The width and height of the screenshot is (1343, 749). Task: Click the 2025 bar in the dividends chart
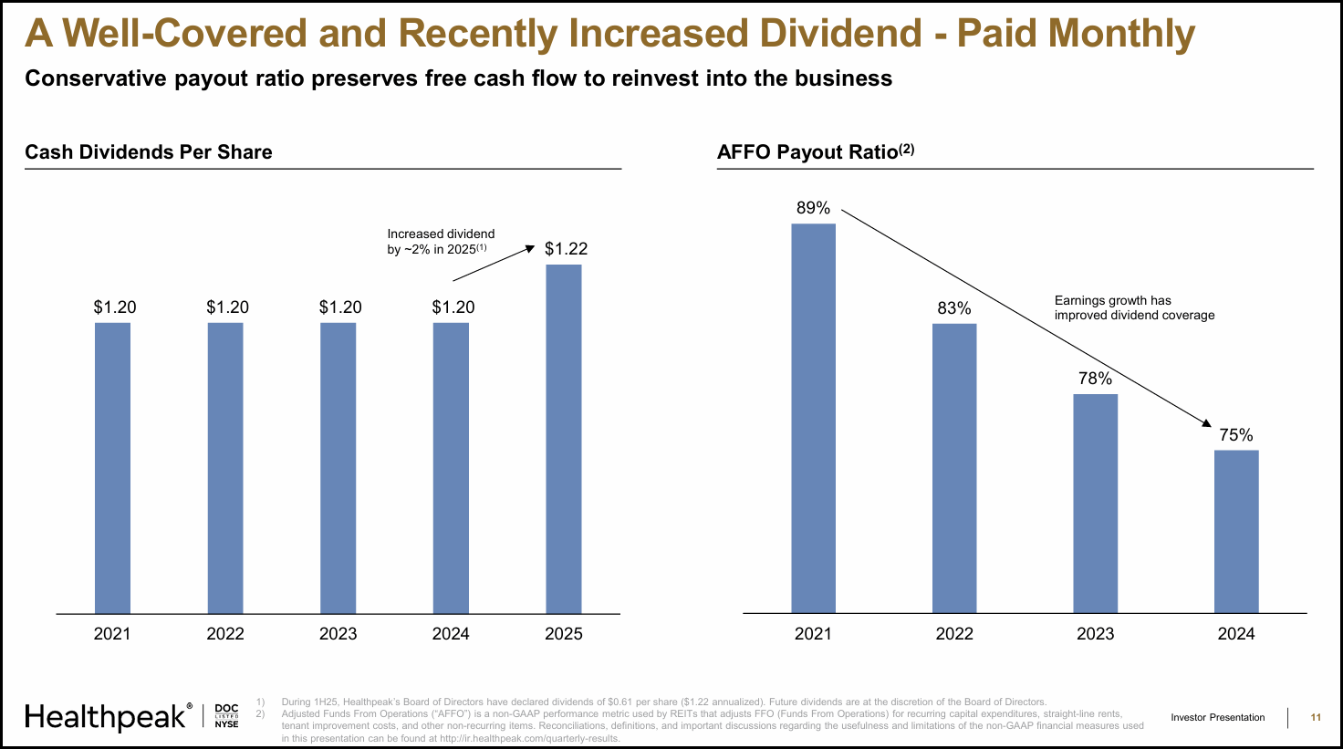point(563,438)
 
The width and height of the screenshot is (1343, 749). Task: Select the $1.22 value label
point(566,248)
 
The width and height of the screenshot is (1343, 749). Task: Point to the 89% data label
point(813,208)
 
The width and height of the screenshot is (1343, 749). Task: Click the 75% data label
point(1236,435)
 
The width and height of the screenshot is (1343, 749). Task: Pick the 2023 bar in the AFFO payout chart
point(1095,503)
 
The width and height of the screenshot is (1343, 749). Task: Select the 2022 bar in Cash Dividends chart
point(225,467)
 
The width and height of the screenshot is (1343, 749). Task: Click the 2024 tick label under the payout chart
point(1236,634)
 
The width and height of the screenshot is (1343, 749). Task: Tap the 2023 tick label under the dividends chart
point(338,634)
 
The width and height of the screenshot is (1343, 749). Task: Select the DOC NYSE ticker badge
point(226,716)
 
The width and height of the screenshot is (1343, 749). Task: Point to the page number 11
point(1316,717)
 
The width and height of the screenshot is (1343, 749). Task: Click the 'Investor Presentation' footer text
point(1218,717)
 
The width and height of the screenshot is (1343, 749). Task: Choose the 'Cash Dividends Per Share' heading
point(148,152)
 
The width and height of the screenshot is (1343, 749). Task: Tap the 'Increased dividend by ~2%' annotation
point(441,242)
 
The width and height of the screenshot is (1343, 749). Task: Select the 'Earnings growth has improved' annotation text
point(1134,307)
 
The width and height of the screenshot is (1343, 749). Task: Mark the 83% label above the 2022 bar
point(954,308)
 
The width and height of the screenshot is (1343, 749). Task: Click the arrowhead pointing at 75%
point(1207,423)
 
